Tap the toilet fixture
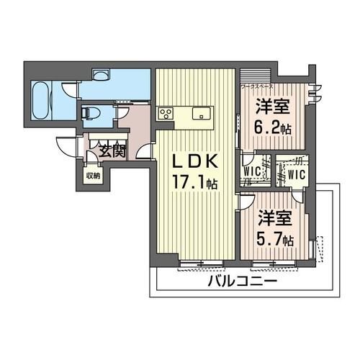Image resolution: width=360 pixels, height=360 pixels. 90,112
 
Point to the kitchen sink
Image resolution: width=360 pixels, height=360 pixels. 200,112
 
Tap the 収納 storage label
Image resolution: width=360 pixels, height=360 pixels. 93,175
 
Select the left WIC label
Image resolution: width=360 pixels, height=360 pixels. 252,171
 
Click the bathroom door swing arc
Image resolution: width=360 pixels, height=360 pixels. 70,92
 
